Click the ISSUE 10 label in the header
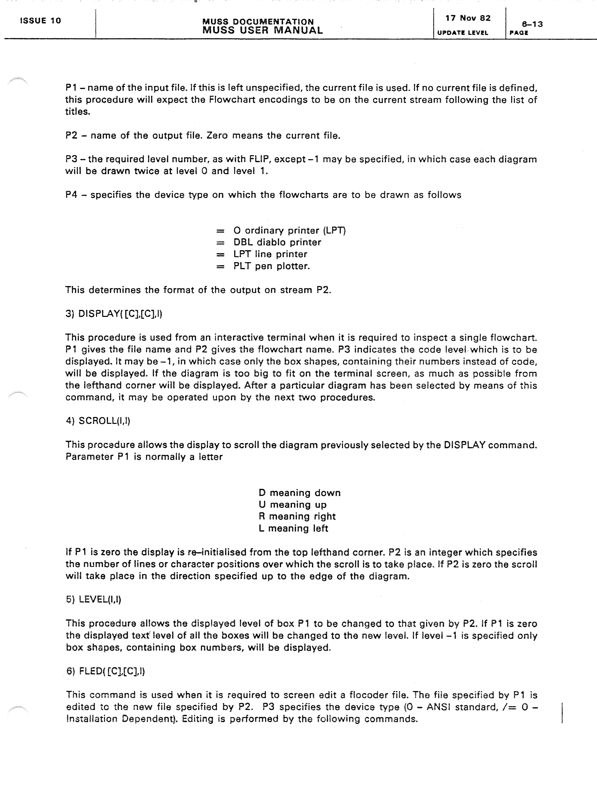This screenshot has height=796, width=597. click(40, 21)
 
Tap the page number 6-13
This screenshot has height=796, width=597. click(532, 24)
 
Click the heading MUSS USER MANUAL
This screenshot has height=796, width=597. click(262, 30)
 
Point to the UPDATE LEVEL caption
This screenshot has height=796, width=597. click(462, 33)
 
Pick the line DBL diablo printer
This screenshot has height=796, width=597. click(277, 242)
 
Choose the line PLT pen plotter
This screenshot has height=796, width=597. click(271, 266)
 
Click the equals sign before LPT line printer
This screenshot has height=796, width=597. click(220, 254)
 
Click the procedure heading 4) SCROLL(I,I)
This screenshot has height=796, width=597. click(98, 421)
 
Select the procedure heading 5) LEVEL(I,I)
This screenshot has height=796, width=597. click(94, 599)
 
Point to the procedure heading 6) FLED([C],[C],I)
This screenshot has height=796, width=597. click(105, 671)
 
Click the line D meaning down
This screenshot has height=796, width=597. click(299, 493)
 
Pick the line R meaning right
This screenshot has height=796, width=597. click(297, 516)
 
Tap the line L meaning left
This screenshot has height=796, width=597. click(293, 528)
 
